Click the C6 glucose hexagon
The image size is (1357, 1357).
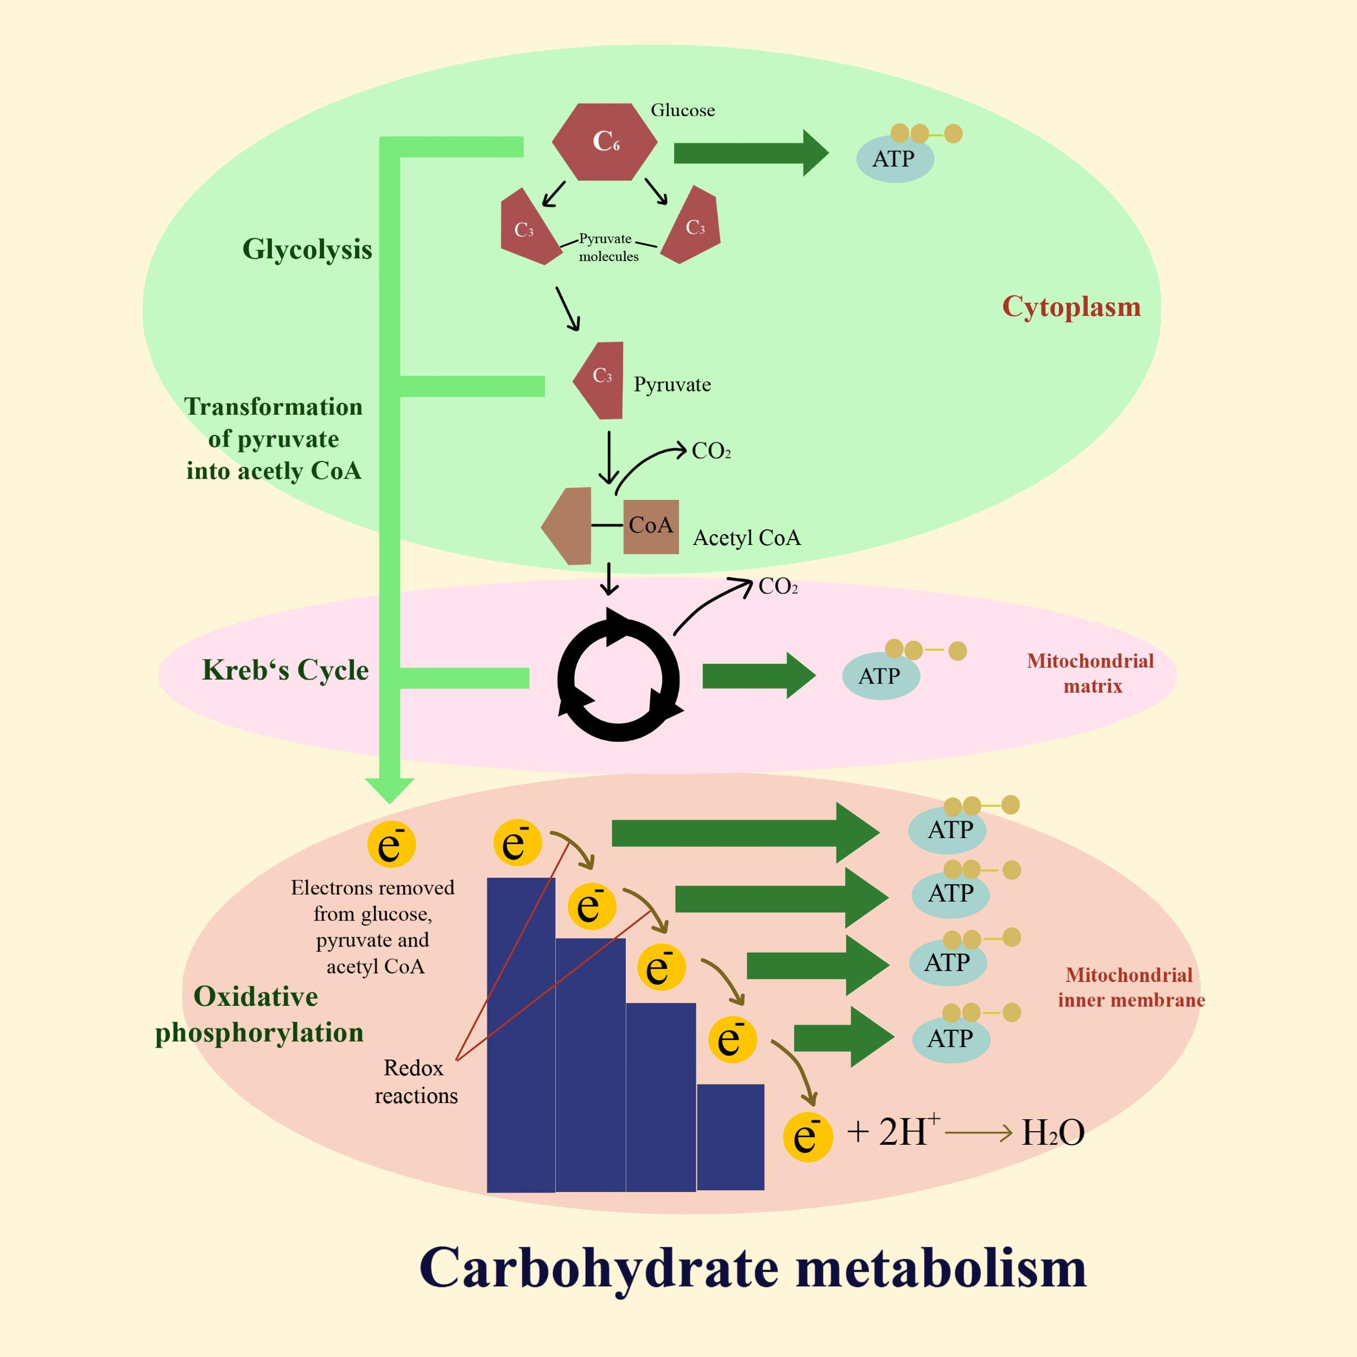605,141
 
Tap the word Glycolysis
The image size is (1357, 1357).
307,249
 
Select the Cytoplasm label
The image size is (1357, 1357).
1071,307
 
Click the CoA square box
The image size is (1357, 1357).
650,526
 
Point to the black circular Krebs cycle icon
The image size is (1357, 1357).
618,678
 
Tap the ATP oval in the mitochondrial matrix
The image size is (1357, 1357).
880,676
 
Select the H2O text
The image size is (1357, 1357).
1052,1132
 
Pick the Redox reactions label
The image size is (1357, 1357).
415,1082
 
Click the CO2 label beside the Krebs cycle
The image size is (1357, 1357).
777,586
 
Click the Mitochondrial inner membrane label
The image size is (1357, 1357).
1131,987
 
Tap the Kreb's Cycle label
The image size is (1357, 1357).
285,670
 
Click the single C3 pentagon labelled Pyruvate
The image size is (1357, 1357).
600,380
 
